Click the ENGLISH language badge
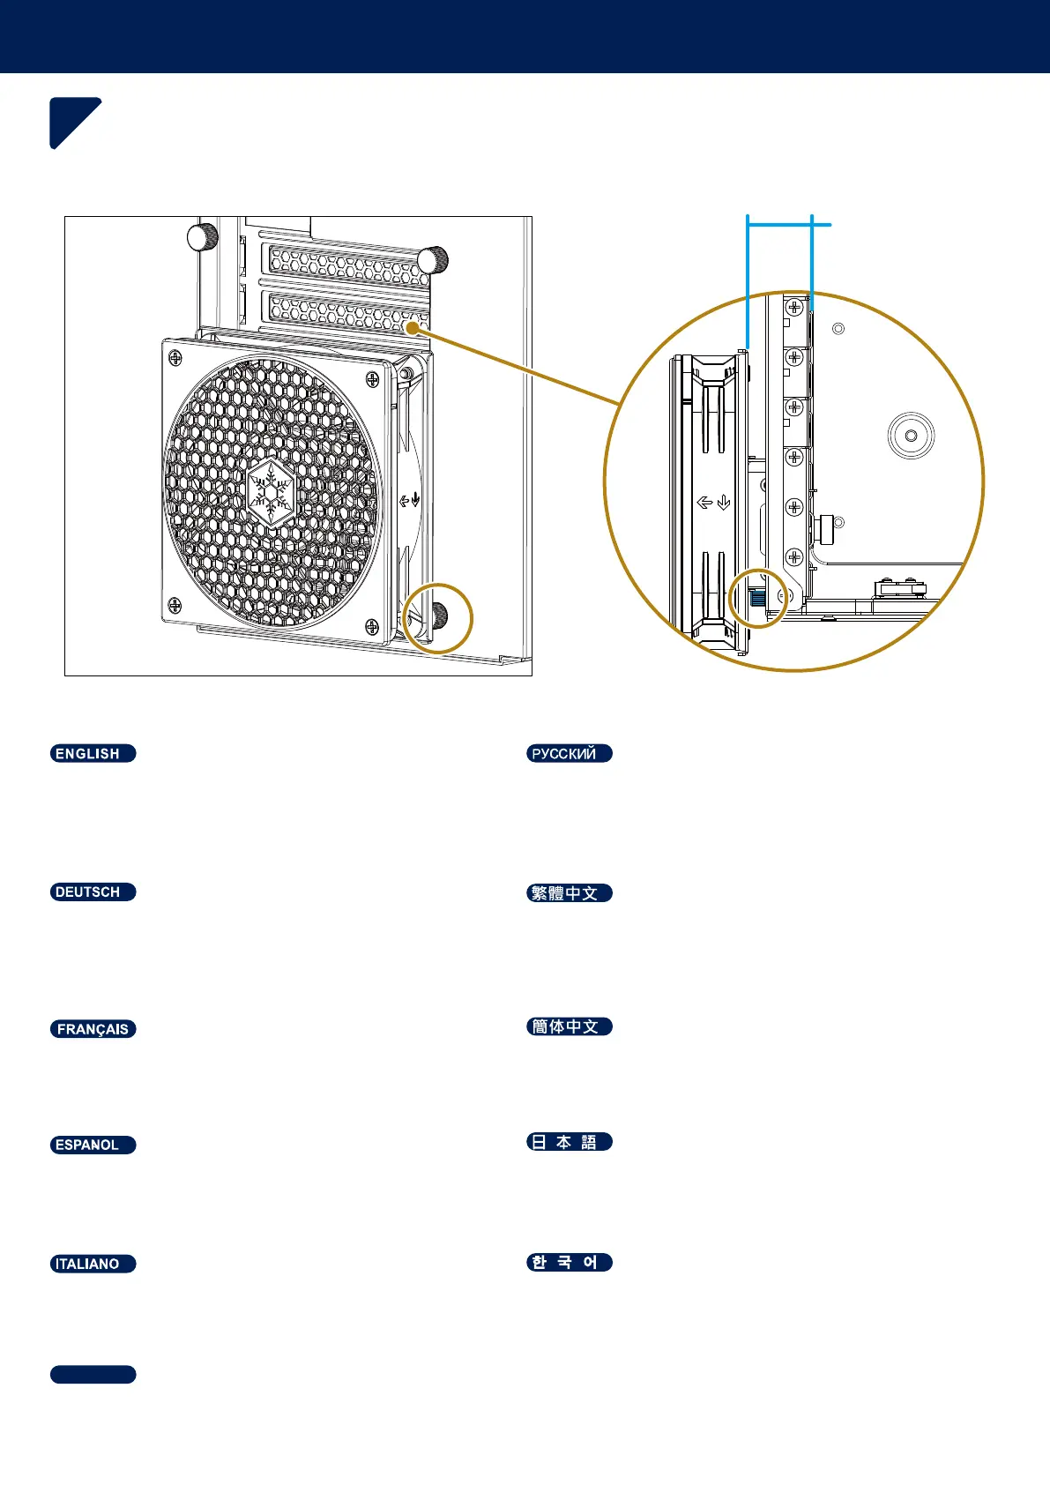(93, 753)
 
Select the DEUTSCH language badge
(93, 892)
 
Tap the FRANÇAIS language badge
(93, 1029)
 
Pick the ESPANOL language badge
(93, 1145)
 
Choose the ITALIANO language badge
(93, 1264)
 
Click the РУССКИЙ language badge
(569, 753)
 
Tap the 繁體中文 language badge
(569, 892)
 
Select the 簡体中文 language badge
(569, 1026)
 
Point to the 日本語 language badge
(569, 1142)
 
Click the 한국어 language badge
(569, 1262)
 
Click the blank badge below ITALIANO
(93, 1374)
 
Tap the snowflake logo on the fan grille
(271, 490)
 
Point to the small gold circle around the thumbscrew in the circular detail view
(758, 599)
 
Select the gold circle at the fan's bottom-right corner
(438, 618)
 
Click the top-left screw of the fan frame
(175, 357)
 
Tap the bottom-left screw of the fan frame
(175, 605)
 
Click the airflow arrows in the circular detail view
(714, 503)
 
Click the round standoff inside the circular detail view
(911, 436)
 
